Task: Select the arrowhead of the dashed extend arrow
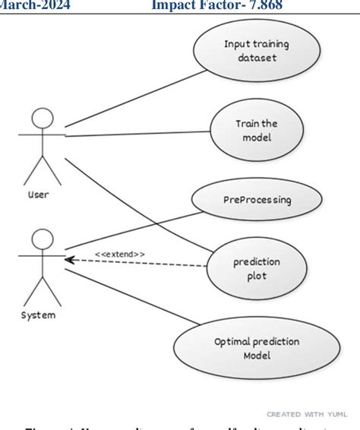tap(68, 260)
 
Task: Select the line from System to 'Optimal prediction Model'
tap(122, 299)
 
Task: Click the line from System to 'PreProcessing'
tap(129, 229)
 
